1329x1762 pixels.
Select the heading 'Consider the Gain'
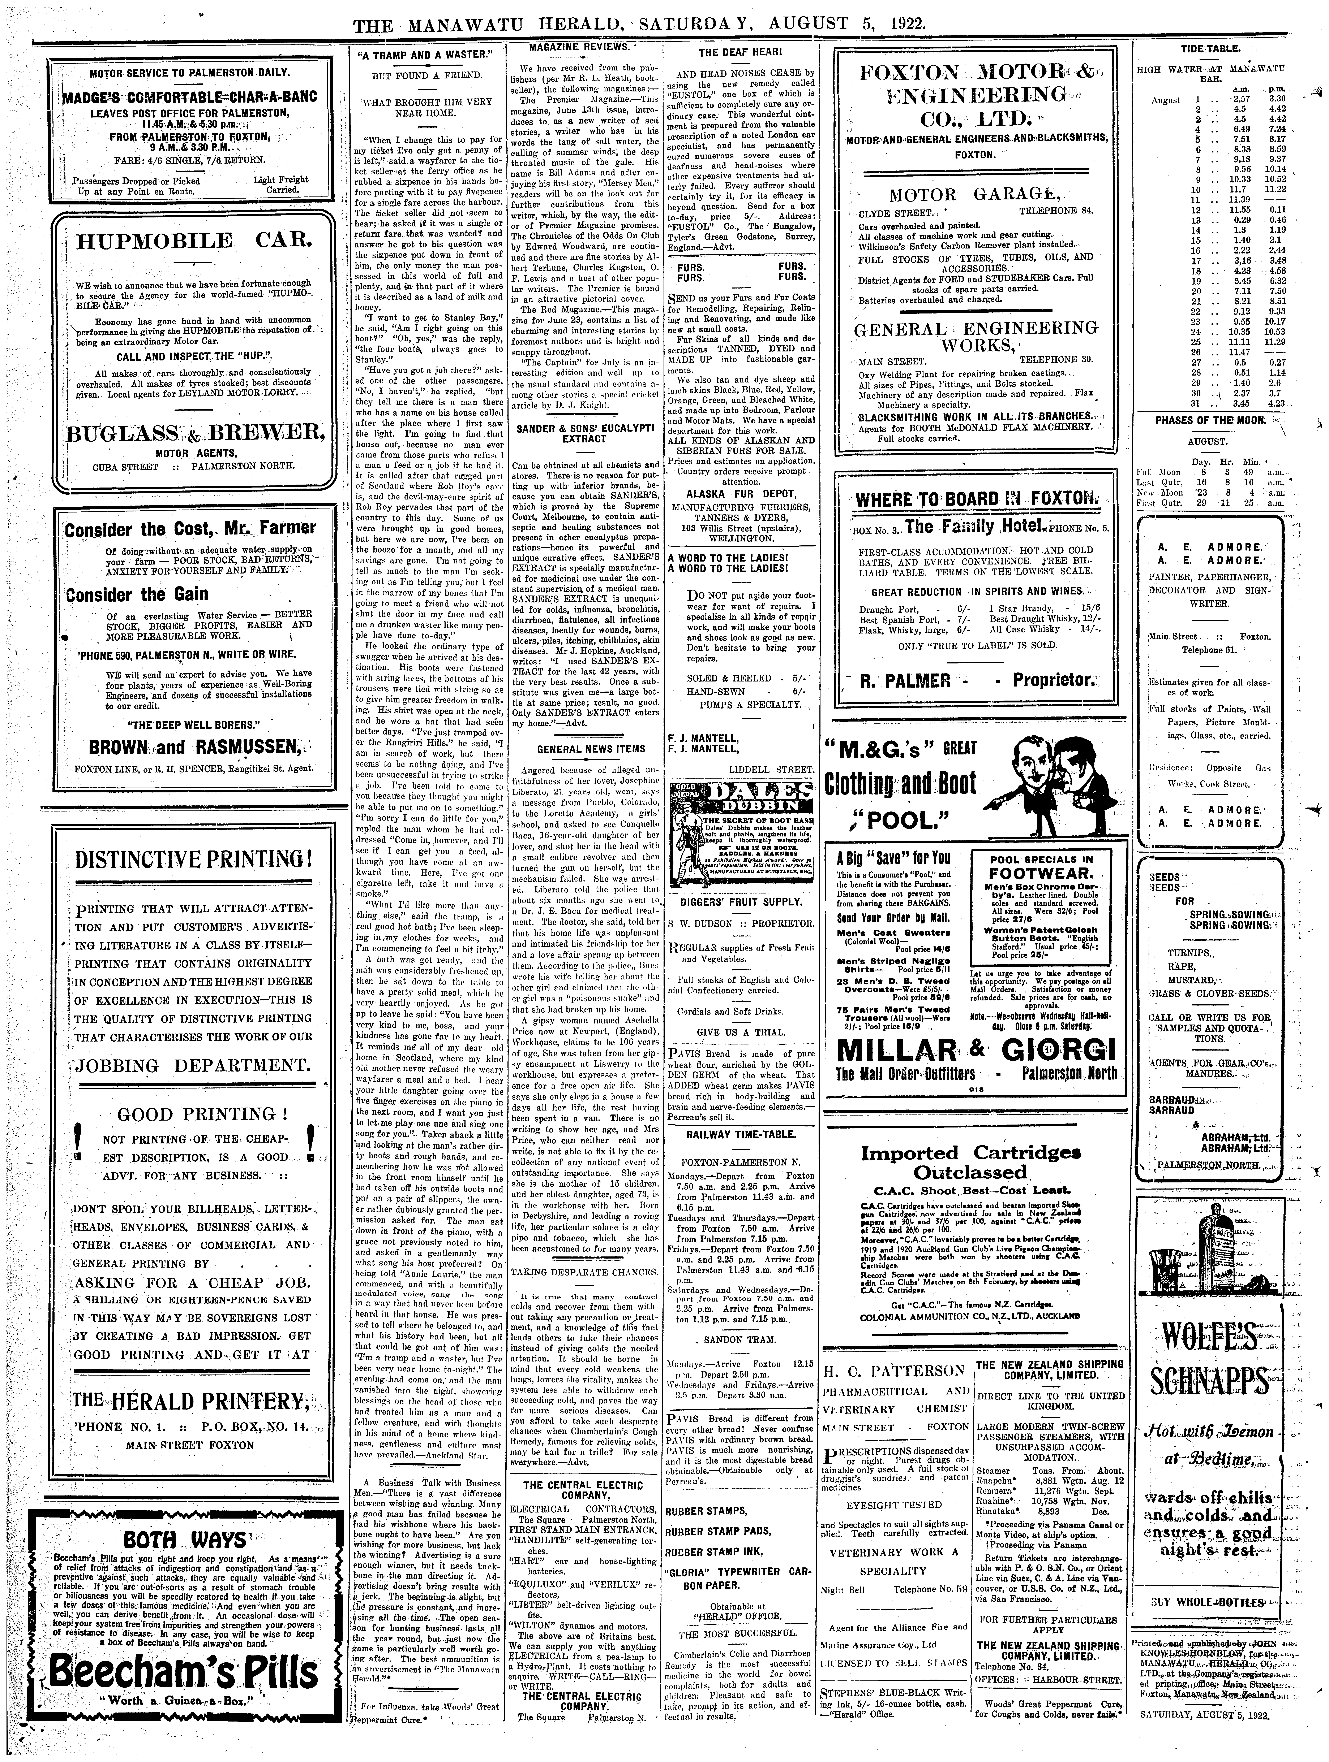(137, 594)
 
